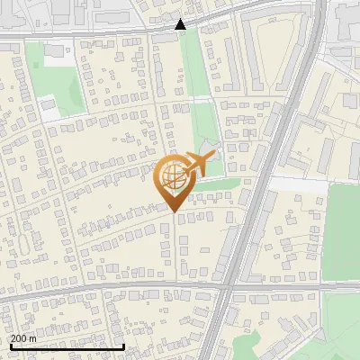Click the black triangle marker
pos(181,24)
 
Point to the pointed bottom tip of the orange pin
pos(173,211)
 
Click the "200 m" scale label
pos(23,338)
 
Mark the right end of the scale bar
pos(123,346)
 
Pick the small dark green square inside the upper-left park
pos(55,51)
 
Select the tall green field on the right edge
pos(342,229)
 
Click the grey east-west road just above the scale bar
pos(90,290)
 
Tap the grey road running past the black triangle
pos(108,32)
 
